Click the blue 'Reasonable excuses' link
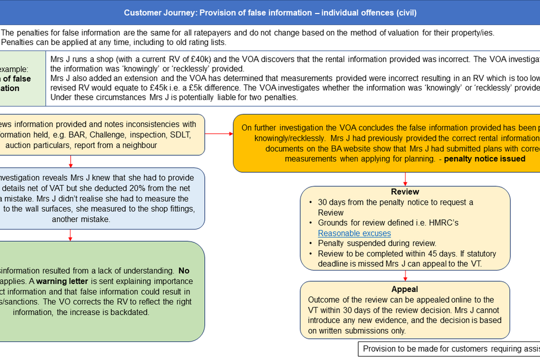coord(354,233)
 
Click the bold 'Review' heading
coord(405,192)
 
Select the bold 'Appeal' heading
coord(405,289)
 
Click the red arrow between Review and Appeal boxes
coord(405,275)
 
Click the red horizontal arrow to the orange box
coord(219,134)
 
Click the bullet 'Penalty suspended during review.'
coord(377,243)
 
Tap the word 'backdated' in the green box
coord(130,312)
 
